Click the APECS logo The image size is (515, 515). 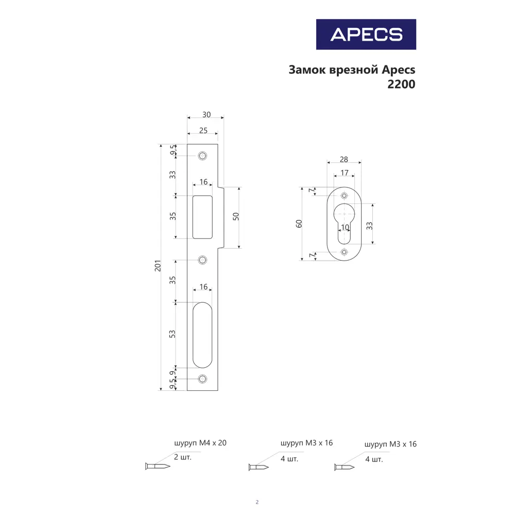366,34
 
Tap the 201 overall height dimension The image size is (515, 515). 158,266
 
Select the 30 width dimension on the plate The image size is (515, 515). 206,114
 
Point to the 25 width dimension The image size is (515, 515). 203,130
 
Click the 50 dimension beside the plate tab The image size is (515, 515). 236,216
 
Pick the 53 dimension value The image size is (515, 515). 173,334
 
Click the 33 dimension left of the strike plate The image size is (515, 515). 173,175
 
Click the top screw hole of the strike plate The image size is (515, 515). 202,155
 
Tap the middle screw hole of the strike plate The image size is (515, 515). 202,260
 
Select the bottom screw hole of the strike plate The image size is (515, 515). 202,379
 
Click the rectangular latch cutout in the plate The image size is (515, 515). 202,216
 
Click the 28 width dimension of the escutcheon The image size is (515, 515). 344,159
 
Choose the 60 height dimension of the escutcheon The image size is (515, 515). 299,224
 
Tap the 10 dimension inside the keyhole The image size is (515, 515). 345,227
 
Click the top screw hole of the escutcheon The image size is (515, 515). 344,196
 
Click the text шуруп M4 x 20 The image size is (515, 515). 200,442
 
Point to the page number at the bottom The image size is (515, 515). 257,502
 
